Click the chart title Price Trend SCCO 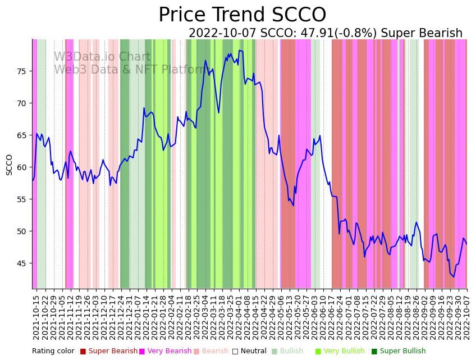(242, 15)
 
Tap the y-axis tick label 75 (22, 71)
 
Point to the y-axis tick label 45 (22, 263)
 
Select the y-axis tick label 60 (22, 167)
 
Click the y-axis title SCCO (10, 165)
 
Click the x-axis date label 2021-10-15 (36, 317)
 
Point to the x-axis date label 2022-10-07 (466, 317)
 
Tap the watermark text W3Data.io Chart (102, 57)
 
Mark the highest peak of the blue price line (240, 51)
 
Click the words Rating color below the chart (53, 352)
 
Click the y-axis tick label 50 (22, 231)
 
